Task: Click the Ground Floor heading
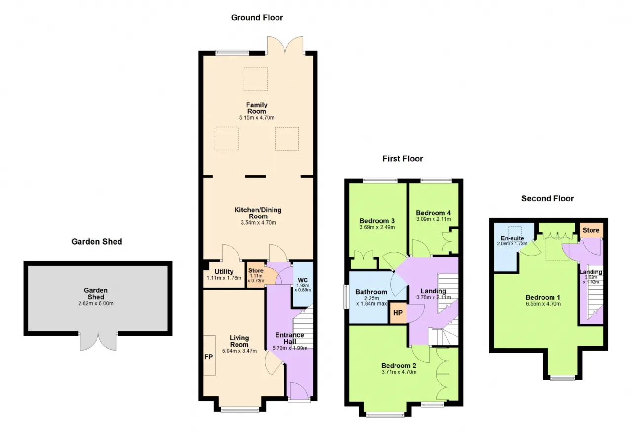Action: (x=257, y=18)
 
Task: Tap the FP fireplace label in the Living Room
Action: (x=208, y=357)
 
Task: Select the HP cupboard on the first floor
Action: (x=398, y=313)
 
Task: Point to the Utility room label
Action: (x=224, y=272)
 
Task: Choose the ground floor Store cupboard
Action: (x=256, y=271)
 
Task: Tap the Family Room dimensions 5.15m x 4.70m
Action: (x=257, y=118)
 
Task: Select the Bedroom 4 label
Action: (x=433, y=213)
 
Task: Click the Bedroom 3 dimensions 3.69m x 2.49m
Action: (x=377, y=227)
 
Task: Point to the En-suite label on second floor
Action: (x=512, y=238)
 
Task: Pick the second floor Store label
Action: (x=591, y=230)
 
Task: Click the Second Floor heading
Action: (x=548, y=198)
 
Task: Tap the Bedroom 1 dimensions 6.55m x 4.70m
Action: (x=543, y=304)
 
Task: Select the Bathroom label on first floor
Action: (x=371, y=292)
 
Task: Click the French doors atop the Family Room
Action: (x=285, y=45)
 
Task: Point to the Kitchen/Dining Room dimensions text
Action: (x=258, y=223)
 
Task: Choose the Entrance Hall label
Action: (x=289, y=338)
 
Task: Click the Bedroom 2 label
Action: (x=398, y=365)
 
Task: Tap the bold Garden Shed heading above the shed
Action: (x=96, y=242)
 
